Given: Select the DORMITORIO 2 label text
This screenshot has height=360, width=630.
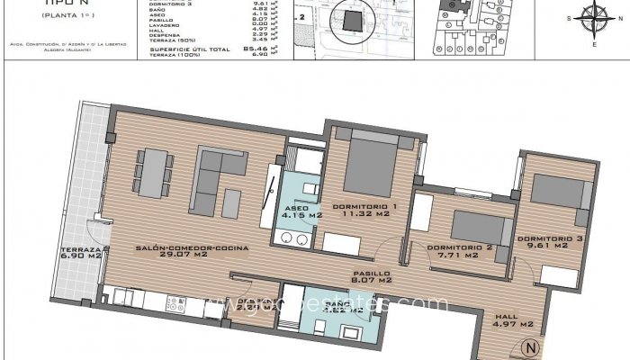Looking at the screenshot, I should (x=459, y=251).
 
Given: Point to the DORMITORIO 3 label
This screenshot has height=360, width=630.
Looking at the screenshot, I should (x=543, y=240).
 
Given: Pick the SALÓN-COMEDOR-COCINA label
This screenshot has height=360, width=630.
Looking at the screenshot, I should (x=192, y=251).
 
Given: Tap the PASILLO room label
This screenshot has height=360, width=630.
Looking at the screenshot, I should (x=370, y=276).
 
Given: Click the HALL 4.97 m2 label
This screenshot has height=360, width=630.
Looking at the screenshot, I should (x=515, y=319).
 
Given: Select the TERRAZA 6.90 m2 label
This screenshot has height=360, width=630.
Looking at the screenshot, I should (x=81, y=253).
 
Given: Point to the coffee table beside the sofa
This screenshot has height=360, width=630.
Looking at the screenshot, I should (x=232, y=200).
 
